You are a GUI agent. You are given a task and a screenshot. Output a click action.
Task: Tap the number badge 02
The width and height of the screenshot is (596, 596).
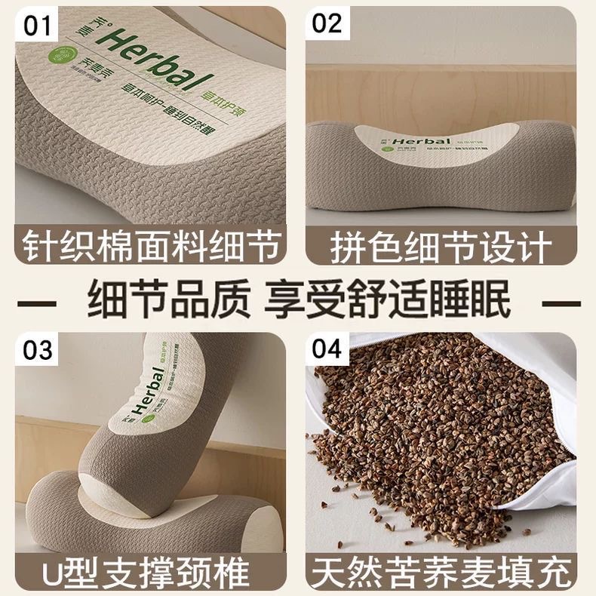coord(327,25)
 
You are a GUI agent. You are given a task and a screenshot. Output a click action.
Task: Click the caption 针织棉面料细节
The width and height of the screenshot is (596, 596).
coord(148,246)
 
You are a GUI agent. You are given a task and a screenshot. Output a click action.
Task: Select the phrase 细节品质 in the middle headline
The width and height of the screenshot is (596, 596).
coord(168,298)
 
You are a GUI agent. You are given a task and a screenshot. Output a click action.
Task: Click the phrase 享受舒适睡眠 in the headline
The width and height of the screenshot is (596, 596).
coord(386,298)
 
